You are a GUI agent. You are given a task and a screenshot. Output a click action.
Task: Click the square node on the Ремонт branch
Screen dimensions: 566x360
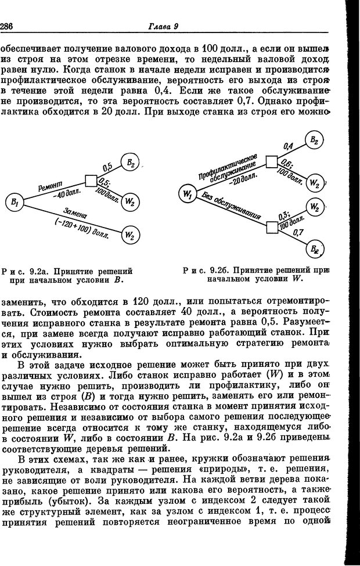(91, 181)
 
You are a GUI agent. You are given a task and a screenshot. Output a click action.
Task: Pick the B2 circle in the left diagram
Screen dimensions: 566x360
(130, 164)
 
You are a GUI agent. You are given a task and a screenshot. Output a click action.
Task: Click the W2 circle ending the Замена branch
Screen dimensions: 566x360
(130, 234)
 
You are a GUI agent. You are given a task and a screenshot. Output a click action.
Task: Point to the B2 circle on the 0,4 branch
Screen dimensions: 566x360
(314, 140)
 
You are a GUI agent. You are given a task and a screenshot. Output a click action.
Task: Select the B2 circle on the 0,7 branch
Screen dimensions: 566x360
(314, 251)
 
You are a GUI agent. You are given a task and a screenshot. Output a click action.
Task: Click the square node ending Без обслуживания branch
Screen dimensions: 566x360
(271, 226)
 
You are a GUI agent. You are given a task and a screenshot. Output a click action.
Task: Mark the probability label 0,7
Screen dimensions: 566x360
(300, 233)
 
